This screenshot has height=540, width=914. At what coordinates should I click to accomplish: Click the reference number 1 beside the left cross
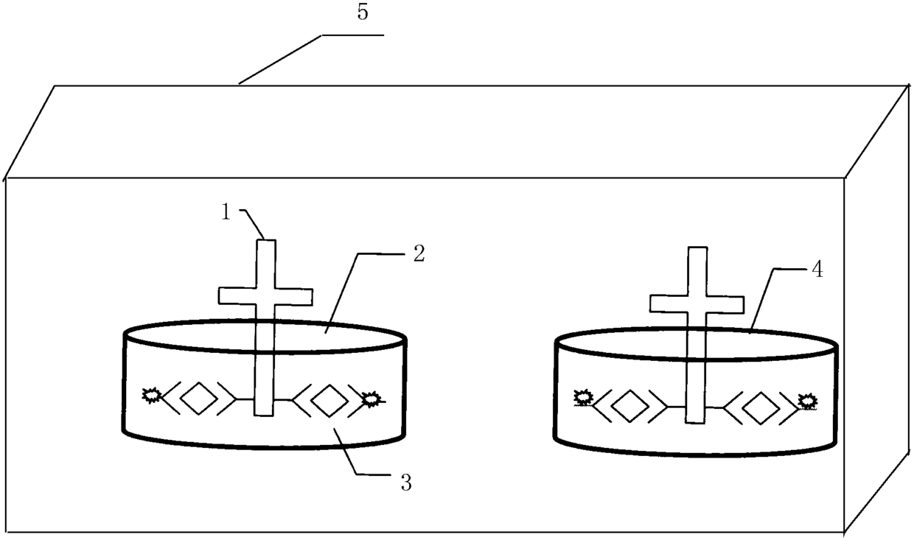[226, 211]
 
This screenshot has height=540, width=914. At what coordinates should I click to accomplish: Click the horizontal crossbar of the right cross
[697, 303]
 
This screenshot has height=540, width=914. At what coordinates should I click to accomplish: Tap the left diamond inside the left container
[199, 399]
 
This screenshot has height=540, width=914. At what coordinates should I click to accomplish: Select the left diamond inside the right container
[629, 407]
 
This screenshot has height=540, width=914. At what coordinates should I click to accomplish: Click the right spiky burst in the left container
[371, 399]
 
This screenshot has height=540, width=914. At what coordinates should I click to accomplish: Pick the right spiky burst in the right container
[808, 402]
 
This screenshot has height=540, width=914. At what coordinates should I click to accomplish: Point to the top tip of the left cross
[265, 242]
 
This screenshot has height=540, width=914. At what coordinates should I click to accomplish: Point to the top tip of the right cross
[697, 249]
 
